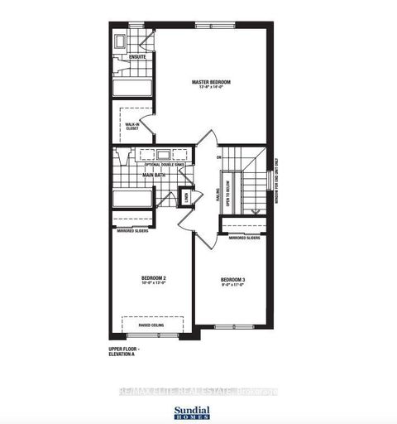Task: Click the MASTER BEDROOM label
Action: (x=211, y=82)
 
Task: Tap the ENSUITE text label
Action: (x=136, y=58)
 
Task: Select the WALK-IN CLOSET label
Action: (x=132, y=125)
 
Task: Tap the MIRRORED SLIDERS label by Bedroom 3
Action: (x=245, y=238)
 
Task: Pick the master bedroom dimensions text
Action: (x=211, y=89)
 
